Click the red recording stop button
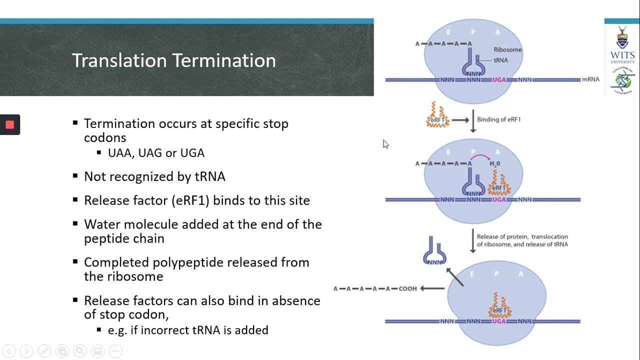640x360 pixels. tap(9, 125)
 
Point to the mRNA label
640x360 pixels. tap(590, 79)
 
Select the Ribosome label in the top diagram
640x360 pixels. tap(507, 49)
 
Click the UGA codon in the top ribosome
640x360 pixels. tap(499, 79)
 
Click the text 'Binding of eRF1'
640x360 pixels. tap(498, 119)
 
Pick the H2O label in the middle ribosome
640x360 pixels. tap(494, 163)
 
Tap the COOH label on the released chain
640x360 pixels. tap(407, 288)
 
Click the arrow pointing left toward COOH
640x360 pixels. tap(432, 288)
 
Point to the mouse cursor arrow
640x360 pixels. tap(385, 144)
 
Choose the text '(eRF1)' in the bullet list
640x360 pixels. tap(190, 200)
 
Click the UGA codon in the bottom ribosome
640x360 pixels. tap(498, 321)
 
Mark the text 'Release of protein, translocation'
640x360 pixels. tap(522, 236)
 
